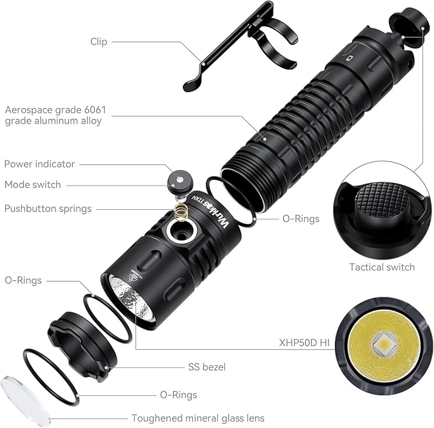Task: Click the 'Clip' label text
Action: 98,42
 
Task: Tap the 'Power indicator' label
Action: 40,164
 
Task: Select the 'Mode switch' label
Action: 33,185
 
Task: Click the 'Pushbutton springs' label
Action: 48,209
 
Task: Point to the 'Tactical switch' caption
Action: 382,267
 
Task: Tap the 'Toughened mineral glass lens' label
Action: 198,418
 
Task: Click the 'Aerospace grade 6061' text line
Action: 56,110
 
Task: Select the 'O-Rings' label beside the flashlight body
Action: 301,218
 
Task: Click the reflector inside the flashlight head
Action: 130,297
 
